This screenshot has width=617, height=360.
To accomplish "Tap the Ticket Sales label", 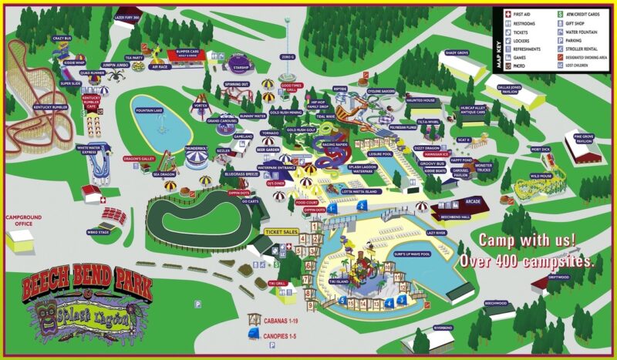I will point(282,231).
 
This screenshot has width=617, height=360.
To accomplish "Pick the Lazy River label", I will point(437,231).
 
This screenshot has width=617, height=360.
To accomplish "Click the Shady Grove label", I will point(457,53).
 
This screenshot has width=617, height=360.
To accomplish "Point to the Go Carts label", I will point(249,201).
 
